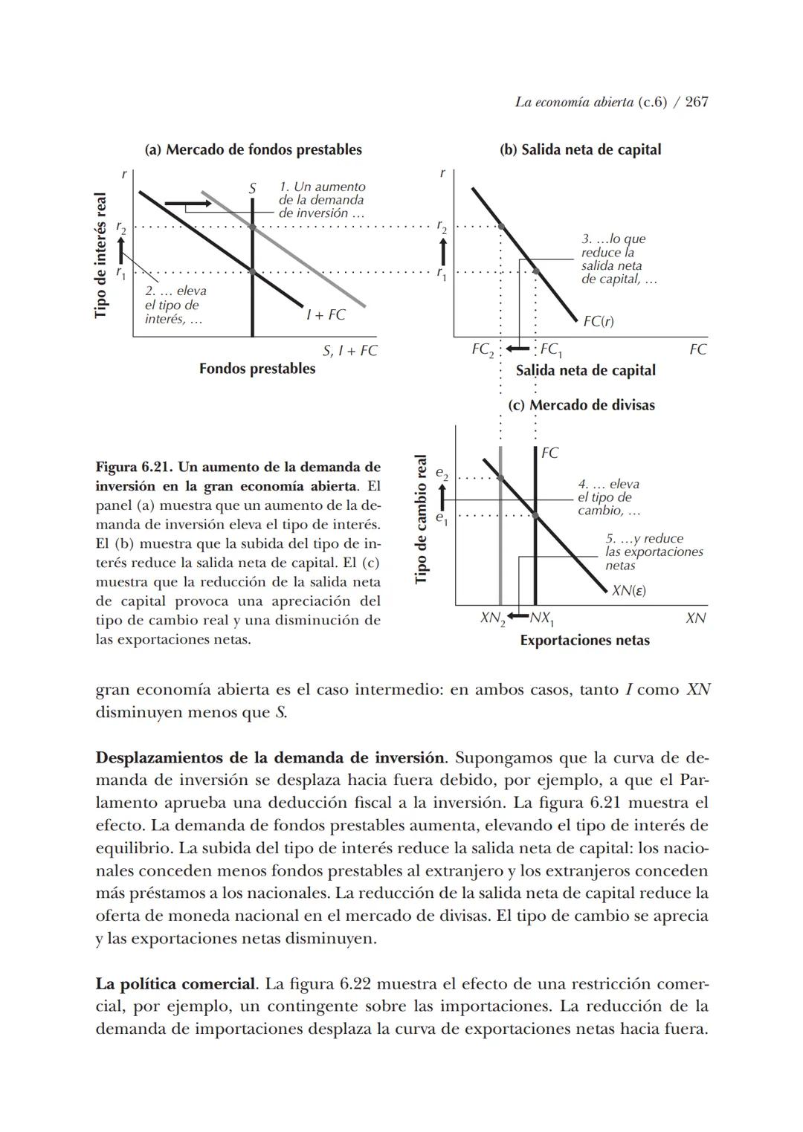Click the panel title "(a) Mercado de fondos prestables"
pyautogui.click(x=253, y=149)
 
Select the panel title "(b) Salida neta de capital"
pyautogui.click(x=580, y=149)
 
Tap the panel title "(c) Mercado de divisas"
pyautogui.click(x=581, y=405)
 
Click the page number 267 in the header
pyautogui.click(x=696, y=102)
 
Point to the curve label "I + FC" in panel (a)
pyautogui.click(x=326, y=315)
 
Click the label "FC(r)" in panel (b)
pyautogui.click(x=599, y=321)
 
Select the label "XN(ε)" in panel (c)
pyautogui.click(x=628, y=591)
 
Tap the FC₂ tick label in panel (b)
pyautogui.click(x=483, y=349)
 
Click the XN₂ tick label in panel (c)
pyautogui.click(x=492, y=618)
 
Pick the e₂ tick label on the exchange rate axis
pyautogui.click(x=442, y=474)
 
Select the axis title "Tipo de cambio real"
pyautogui.click(x=421, y=519)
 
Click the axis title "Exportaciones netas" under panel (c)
pyautogui.click(x=584, y=641)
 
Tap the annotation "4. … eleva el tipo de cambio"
pyautogui.click(x=608, y=497)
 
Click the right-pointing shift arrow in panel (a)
pyautogui.click(x=187, y=203)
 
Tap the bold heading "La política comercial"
pyautogui.click(x=176, y=984)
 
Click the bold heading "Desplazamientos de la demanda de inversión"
pyautogui.click(x=270, y=758)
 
